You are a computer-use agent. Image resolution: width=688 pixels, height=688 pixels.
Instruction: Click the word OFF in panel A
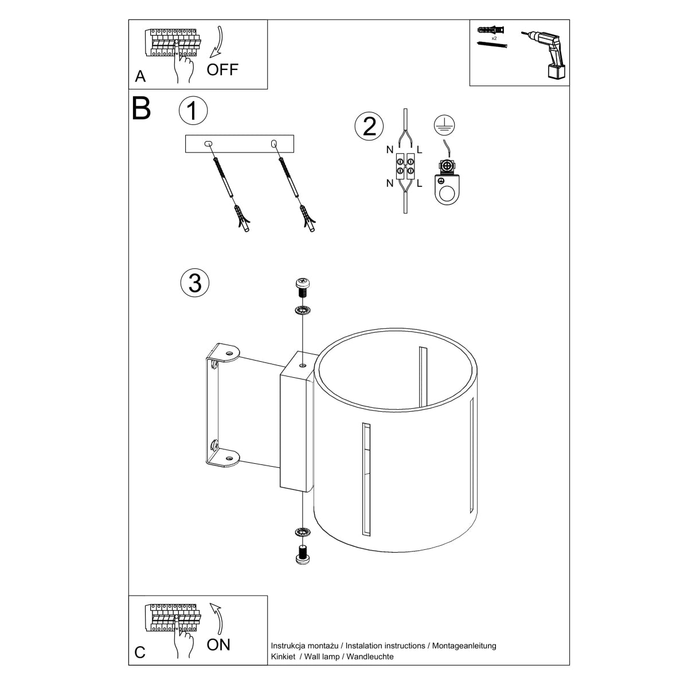(222, 70)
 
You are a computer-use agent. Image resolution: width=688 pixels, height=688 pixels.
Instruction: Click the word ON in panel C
(218, 644)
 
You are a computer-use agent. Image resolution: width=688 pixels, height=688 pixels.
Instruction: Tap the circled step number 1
(193, 110)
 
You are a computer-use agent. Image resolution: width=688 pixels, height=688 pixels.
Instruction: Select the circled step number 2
(369, 126)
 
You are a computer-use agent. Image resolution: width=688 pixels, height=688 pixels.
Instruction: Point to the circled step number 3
(195, 283)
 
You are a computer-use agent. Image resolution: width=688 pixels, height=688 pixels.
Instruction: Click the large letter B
(142, 108)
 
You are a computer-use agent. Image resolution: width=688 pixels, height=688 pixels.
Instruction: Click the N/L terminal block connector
(405, 166)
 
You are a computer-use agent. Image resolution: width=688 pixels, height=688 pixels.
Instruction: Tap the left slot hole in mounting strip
(208, 144)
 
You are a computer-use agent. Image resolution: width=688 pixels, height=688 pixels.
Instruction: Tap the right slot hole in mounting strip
(273, 144)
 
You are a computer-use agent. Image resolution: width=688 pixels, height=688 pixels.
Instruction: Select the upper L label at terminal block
(420, 150)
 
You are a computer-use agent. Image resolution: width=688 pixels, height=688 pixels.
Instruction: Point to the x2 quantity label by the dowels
(494, 38)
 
